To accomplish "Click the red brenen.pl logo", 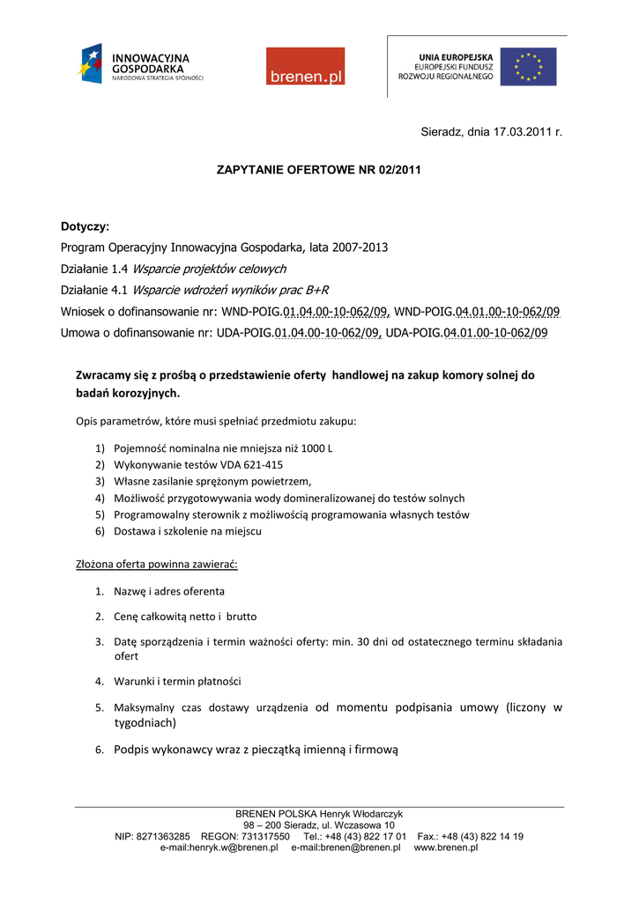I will [x=305, y=66].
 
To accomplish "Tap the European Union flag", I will [x=529, y=67].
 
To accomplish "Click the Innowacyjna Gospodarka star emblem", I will [x=92, y=64].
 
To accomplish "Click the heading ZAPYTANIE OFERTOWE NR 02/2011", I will [x=318, y=168].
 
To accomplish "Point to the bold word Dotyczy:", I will [x=85, y=226].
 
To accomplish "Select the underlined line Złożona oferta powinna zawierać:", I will [x=157, y=563].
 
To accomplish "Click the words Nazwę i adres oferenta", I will [x=169, y=591].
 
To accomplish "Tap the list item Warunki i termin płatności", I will [x=177, y=681].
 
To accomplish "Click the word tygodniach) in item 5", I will [x=145, y=722].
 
